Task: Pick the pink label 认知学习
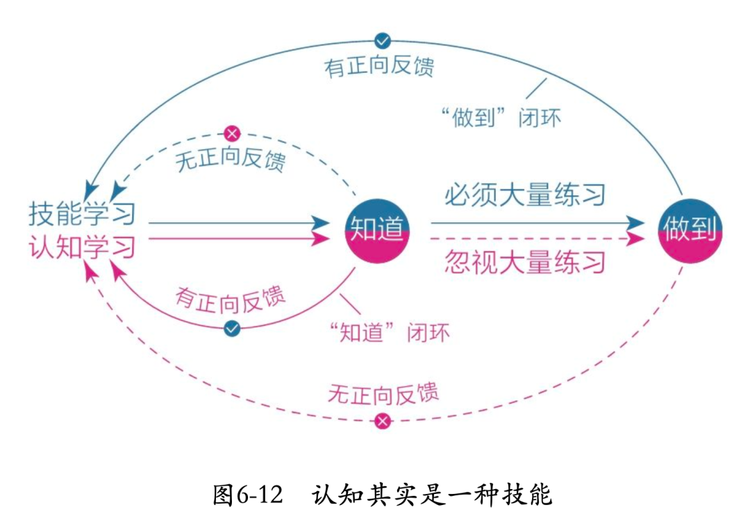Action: coord(82,247)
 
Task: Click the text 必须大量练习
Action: coord(525,195)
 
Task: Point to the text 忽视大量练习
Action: coord(525,263)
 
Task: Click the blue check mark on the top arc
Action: coord(381,40)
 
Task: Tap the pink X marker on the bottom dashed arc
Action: coord(382,420)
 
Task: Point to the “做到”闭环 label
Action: coord(501,117)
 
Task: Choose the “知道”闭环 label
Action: coord(390,332)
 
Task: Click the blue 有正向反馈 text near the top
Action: coord(378,67)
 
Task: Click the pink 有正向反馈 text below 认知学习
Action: coord(230,299)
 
